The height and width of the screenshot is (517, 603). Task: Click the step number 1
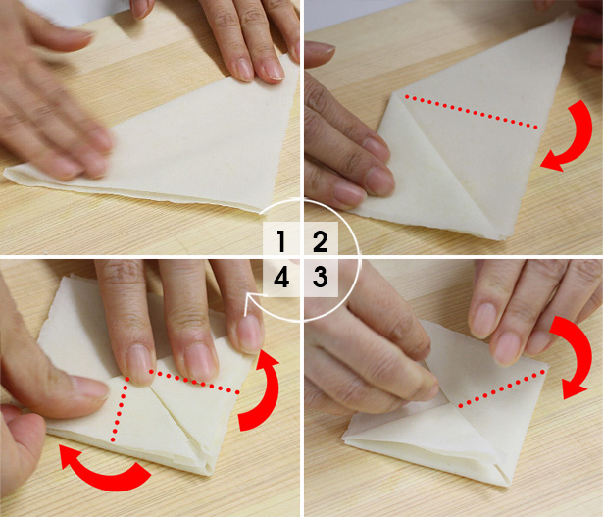(281, 241)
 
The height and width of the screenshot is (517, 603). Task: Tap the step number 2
(320, 241)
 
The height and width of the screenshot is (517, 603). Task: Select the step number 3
(320, 277)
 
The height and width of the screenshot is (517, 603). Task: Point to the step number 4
(281, 277)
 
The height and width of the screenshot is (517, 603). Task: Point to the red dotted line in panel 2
(471, 112)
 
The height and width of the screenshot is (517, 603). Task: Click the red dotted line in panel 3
(502, 388)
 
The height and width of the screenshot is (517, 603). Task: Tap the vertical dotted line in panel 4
(120, 409)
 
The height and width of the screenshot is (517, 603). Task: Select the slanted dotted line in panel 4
(194, 382)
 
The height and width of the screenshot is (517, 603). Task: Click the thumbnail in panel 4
(89, 388)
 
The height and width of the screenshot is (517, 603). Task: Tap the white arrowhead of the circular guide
(250, 299)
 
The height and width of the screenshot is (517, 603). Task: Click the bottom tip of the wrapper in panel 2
(502, 239)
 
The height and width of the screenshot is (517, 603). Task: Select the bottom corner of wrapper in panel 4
(208, 473)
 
